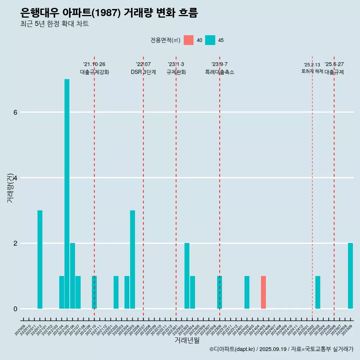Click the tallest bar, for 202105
(x=67, y=193)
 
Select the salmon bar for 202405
(x=264, y=292)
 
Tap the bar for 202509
(x=350, y=276)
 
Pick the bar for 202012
(x=40, y=259)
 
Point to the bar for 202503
(x=318, y=292)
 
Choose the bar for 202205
(x=132, y=259)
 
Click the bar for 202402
(x=247, y=292)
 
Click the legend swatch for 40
(x=189, y=40)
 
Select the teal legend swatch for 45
(x=210, y=40)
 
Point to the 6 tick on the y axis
(x=15, y=112)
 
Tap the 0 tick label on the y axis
(x=15, y=309)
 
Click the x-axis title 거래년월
(x=187, y=340)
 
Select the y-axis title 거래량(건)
(x=10, y=187)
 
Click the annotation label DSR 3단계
(x=143, y=72)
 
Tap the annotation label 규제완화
(x=176, y=72)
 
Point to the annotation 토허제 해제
(x=312, y=71)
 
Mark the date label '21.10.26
(x=94, y=64)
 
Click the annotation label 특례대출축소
(x=220, y=72)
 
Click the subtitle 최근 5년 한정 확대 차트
(x=54, y=24)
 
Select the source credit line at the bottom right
(x=281, y=349)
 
